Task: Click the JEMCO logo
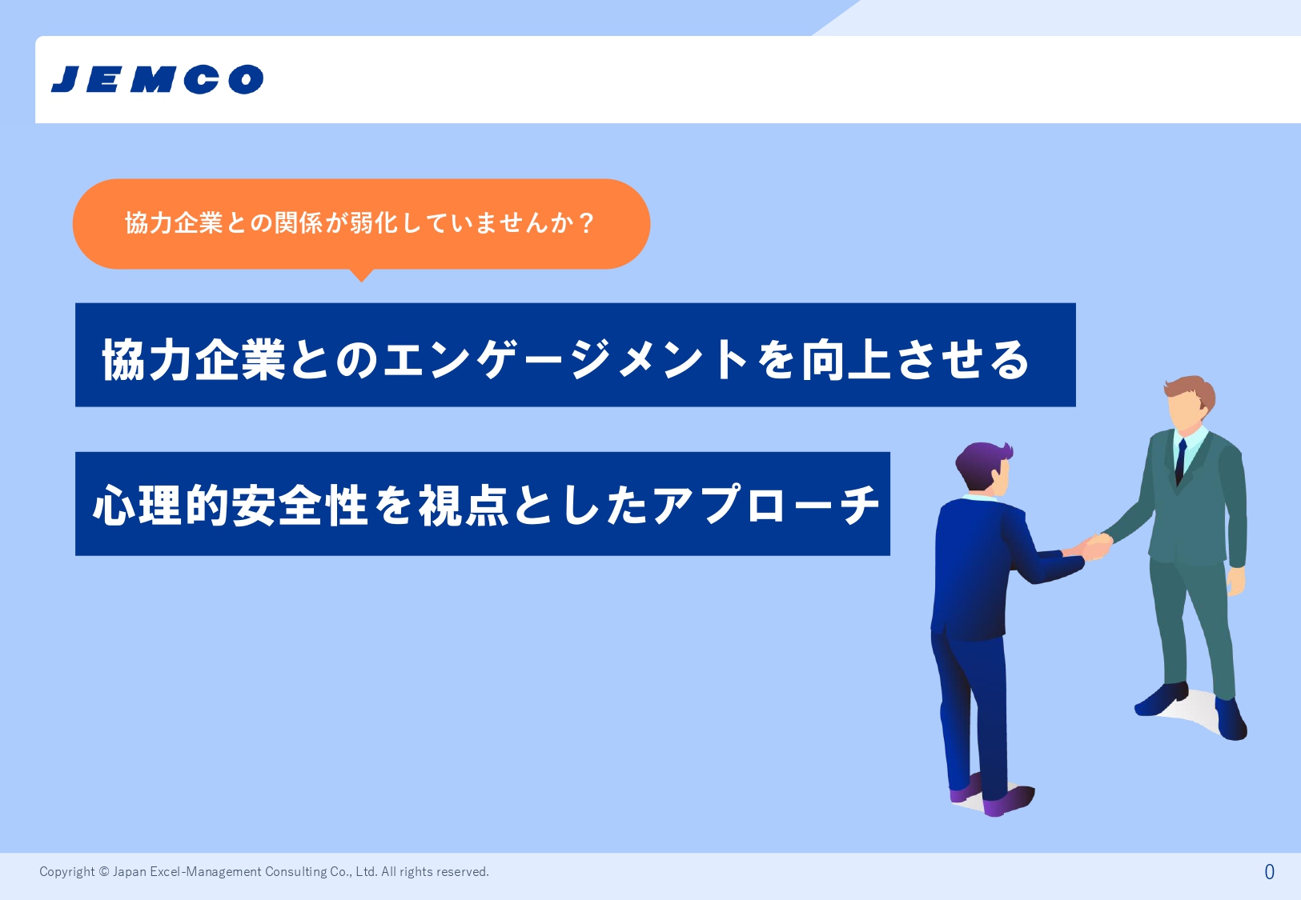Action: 158,79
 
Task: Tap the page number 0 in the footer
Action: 1269,871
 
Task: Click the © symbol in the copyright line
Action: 104,871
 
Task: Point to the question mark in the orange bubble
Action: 587,223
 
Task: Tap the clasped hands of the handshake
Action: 1095,546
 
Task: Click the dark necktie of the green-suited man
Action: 1180,462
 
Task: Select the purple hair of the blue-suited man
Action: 982,462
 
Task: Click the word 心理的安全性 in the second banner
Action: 230,506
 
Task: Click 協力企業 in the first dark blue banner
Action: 194,360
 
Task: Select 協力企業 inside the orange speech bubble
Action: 174,223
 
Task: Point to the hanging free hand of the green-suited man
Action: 1235,581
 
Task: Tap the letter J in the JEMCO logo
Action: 65,79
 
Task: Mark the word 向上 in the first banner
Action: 845,360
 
